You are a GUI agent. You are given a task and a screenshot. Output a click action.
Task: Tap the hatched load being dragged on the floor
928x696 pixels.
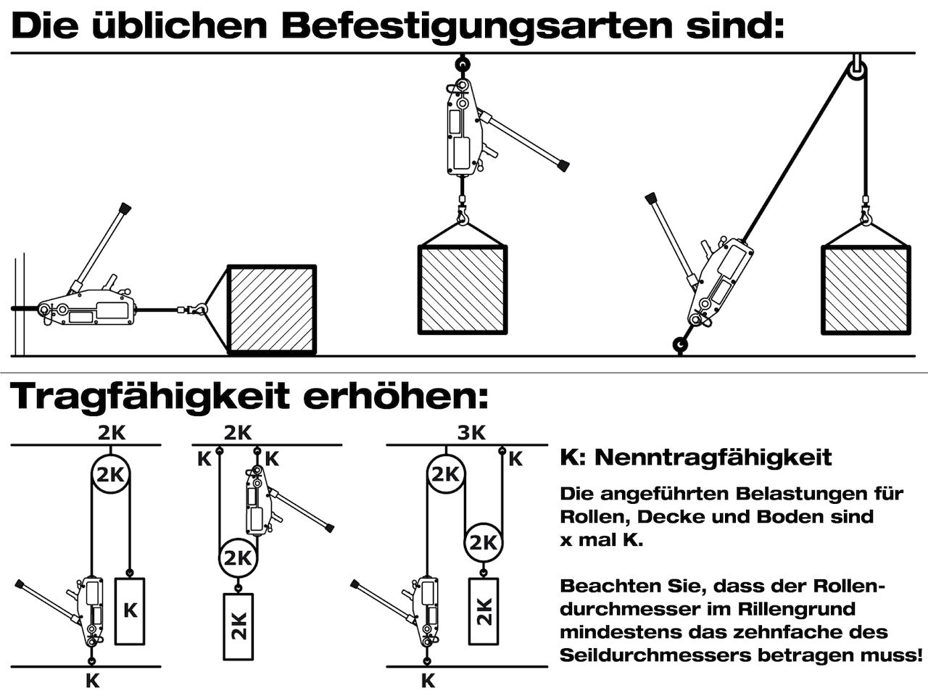[x=272, y=310]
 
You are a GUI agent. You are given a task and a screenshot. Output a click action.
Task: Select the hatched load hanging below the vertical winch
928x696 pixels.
[x=463, y=289]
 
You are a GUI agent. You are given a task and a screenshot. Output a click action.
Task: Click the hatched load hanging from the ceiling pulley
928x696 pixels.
[x=866, y=289]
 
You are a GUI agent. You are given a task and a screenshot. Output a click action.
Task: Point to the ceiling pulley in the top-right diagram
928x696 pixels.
[x=856, y=70]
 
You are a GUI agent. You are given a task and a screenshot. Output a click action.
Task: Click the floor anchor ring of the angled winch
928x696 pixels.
[x=679, y=345]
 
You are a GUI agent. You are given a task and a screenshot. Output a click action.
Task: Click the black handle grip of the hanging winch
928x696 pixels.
[x=563, y=165]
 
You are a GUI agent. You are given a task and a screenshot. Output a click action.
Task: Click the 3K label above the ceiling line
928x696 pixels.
[x=471, y=433]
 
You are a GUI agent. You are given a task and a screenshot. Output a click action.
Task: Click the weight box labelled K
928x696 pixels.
[x=130, y=610]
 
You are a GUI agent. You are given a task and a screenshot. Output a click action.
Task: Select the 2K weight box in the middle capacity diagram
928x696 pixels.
[x=239, y=626]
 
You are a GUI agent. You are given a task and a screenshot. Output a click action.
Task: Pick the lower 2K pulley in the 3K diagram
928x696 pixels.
[x=483, y=542]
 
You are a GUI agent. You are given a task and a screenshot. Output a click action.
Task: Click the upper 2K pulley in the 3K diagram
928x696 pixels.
[x=445, y=476]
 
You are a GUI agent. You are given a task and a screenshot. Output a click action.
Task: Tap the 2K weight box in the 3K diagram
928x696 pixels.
[x=485, y=611]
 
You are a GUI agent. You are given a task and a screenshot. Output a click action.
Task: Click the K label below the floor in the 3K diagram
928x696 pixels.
[x=428, y=681]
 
